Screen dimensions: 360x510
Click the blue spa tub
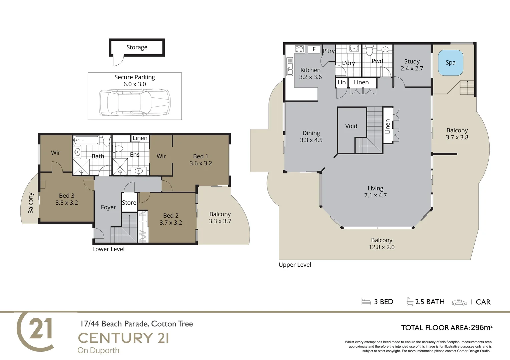point(450,63)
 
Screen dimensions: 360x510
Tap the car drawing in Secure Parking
point(135,103)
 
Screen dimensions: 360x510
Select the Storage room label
point(137,47)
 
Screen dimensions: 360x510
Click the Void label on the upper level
point(351,126)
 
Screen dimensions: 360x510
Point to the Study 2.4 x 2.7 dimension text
point(412,68)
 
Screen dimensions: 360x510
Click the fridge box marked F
point(314,49)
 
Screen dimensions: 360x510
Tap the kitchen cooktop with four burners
point(299,49)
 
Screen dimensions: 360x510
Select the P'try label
point(329,51)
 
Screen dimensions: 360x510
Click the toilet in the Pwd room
point(369,51)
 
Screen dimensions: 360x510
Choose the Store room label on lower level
point(129,203)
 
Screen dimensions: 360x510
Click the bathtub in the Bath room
point(86,140)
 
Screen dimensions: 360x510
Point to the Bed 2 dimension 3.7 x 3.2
point(171,223)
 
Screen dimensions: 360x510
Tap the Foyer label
point(108,207)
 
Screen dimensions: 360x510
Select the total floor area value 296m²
point(481,328)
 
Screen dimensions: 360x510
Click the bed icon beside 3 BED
point(366,302)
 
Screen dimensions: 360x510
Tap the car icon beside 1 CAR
point(459,302)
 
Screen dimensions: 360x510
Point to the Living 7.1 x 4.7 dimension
point(375,195)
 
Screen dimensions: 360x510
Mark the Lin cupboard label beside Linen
point(342,82)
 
